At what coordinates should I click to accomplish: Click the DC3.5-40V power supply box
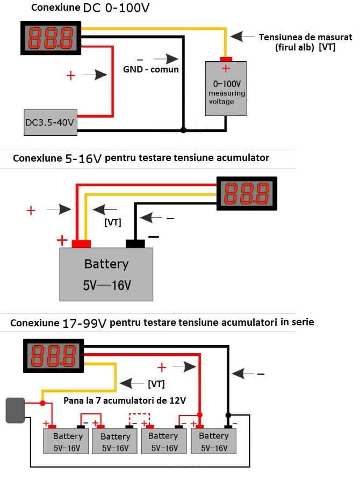[50, 122]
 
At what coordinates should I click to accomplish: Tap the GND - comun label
[150, 69]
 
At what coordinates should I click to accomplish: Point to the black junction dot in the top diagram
[183, 130]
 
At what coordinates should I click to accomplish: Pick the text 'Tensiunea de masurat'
[305, 37]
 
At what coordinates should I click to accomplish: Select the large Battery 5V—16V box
[106, 274]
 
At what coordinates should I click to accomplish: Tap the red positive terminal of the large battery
[81, 244]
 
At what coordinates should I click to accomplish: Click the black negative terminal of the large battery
[135, 244]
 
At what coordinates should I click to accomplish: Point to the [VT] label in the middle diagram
[112, 222]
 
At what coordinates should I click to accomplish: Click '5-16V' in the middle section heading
[83, 158]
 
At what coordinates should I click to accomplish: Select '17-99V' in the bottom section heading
[84, 323]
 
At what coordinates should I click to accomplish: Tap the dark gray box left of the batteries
[15, 410]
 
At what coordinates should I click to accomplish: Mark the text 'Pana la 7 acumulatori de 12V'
[124, 400]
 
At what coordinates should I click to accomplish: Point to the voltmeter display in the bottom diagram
[53, 355]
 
